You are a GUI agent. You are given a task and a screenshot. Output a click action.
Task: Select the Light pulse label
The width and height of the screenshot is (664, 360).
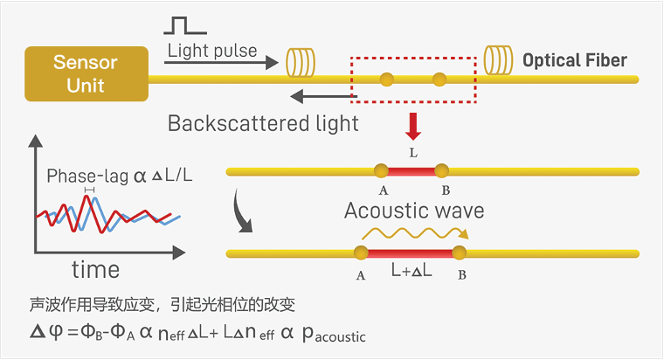pos(211,51)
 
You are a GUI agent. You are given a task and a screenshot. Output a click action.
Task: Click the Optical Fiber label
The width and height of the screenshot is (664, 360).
pos(574,60)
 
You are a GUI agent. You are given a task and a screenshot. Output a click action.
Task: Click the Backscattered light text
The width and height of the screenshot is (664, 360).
pos(263,123)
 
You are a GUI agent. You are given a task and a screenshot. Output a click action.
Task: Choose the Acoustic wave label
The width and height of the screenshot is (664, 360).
pos(414,211)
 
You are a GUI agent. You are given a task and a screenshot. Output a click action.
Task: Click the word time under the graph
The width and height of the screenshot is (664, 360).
pos(95,268)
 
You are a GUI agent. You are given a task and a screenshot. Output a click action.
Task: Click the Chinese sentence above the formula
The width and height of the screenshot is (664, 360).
pos(162,305)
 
